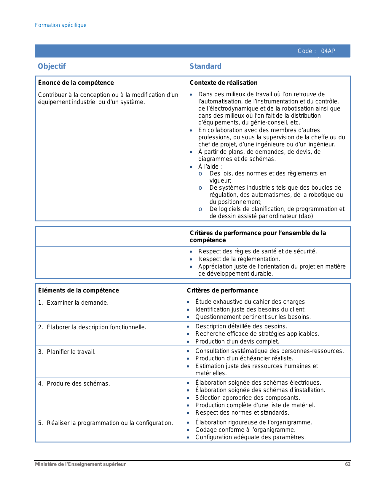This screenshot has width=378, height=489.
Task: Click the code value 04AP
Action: (328, 51)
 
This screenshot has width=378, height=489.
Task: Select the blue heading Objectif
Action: (52, 66)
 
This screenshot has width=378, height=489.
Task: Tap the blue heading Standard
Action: (205, 66)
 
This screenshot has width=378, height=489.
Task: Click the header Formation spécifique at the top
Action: (61, 25)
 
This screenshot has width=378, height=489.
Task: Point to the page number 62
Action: (348, 464)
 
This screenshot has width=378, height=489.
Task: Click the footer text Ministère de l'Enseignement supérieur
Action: (80, 464)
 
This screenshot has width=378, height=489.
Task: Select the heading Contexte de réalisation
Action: (224, 83)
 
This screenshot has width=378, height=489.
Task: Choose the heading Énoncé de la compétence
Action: (76, 83)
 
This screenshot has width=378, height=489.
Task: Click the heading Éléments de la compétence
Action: (79, 290)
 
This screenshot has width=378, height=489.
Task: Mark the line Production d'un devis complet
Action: (237, 341)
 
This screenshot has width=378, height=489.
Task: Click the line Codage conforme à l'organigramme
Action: (245, 430)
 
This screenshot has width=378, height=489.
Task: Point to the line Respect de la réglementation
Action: (239, 259)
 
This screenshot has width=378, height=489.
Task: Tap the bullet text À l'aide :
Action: (210, 167)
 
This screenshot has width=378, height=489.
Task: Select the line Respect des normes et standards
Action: (242, 413)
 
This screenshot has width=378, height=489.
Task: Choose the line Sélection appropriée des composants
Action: (248, 398)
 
